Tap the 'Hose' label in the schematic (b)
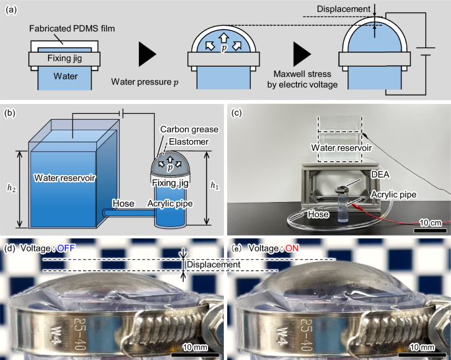pyautogui.click(x=124, y=203)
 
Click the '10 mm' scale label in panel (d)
pyautogui.click(x=195, y=346)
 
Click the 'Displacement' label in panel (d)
pyautogui.click(x=212, y=265)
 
